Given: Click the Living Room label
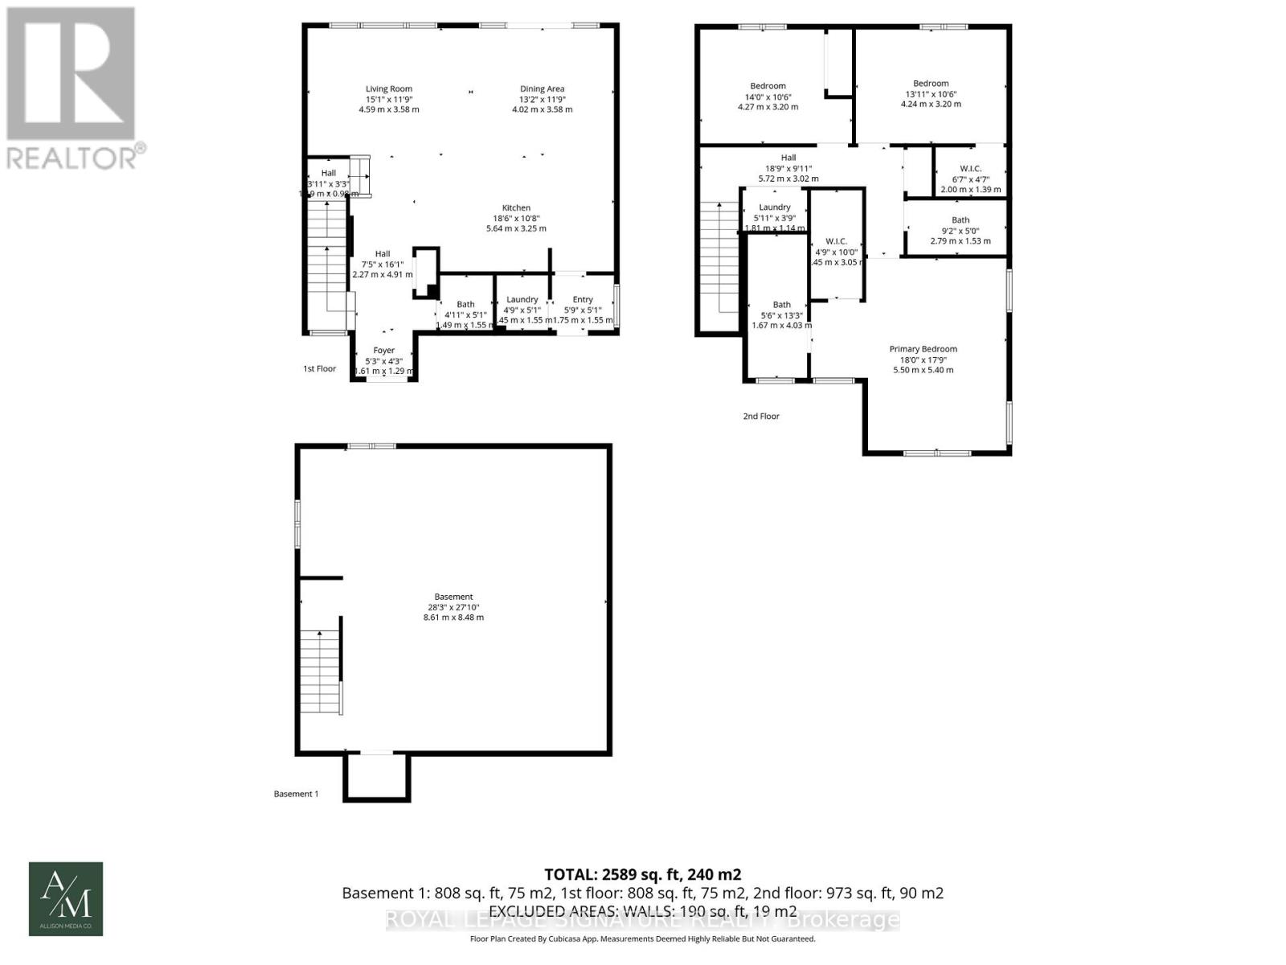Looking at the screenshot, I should click(x=389, y=89).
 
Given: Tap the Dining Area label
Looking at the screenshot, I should click(x=542, y=89).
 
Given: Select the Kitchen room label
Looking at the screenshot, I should click(x=516, y=208).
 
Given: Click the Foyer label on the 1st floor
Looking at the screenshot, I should click(x=384, y=351).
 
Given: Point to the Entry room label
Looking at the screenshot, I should click(x=583, y=300).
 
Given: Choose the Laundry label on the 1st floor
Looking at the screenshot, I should click(x=522, y=300).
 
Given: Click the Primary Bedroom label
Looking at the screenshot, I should click(x=923, y=349).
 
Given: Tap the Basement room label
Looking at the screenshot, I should click(x=453, y=597).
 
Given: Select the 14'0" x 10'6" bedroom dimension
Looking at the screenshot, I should click(x=768, y=96).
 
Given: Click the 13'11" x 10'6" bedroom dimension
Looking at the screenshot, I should click(x=931, y=94).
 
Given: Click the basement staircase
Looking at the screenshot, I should click(x=321, y=671).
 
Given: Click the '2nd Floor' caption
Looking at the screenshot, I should click(x=761, y=417).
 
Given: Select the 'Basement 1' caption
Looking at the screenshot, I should click(x=296, y=794).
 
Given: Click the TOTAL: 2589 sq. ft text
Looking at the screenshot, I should click(x=642, y=874).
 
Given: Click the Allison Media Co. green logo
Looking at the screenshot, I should click(x=66, y=899).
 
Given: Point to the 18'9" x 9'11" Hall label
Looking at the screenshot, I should click(x=788, y=168).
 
